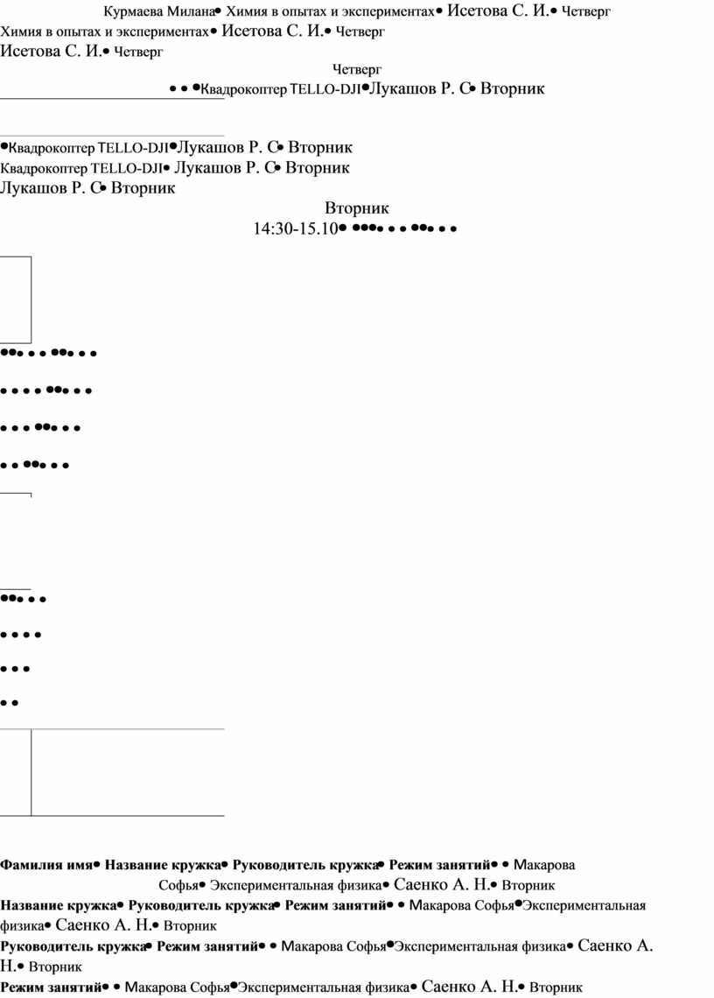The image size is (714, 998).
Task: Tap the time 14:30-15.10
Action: point(295,228)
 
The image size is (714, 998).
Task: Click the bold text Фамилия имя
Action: point(46,865)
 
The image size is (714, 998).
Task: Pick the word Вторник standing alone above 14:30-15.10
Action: point(356,208)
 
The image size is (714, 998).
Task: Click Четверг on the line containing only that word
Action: point(356,69)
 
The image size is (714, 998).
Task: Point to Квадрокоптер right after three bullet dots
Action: point(244,90)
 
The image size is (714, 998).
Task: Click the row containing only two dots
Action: point(10,703)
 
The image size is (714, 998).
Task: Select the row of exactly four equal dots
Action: point(21,635)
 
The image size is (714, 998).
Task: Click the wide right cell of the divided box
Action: point(128,773)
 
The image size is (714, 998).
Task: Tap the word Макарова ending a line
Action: point(544,865)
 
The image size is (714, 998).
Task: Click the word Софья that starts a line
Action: point(178,885)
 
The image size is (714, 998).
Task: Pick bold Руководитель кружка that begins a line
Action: point(73,946)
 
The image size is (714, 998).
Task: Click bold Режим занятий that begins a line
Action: point(51,987)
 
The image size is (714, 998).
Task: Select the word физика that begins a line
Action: point(22,926)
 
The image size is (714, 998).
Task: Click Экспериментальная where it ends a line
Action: point(584,906)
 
